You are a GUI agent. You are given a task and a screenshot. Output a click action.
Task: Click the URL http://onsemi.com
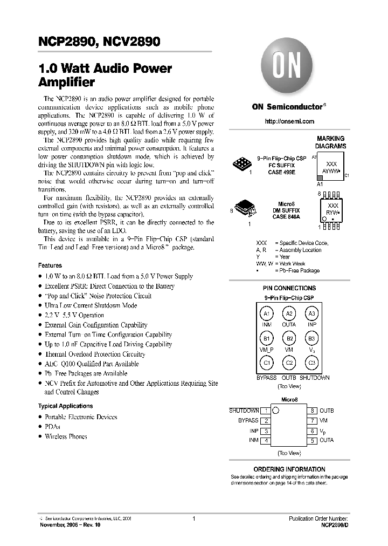(x=289, y=121)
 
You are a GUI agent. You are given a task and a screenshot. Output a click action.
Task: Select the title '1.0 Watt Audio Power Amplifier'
(x=105, y=76)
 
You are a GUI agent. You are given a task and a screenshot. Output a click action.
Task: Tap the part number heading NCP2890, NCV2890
(x=99, y=42)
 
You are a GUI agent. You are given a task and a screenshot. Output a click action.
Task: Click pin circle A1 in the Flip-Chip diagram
(x=266, y=314)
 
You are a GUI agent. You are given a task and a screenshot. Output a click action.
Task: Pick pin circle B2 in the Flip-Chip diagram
(x=289, y=338)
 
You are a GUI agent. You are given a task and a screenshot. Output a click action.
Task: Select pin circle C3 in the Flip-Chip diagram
(x=311, y=363)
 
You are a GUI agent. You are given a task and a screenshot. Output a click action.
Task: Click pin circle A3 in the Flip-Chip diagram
(x=311, y=314)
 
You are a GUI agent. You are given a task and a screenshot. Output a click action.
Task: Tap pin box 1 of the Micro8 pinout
(x=266, y=411)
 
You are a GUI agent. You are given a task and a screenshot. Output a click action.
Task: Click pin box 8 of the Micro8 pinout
(x=313, y=411)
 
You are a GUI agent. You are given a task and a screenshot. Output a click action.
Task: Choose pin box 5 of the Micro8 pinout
(x=313, y=441)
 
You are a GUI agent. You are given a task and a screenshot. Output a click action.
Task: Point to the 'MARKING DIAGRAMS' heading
(x=330, y=142)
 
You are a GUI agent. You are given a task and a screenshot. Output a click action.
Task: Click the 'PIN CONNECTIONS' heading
(x=289, y=288)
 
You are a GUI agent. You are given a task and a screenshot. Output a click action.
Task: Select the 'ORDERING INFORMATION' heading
(x=289, y=469)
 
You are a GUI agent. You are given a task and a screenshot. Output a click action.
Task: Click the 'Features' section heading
(x=50, y=265)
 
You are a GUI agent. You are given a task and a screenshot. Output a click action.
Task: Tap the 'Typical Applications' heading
(x=65, y=406)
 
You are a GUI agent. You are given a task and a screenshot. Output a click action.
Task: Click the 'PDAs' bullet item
(x=52, y=426)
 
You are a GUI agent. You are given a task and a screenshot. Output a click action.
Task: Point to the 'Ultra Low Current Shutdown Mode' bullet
(x=91, y=305)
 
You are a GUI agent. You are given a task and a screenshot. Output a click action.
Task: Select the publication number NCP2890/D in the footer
(x=334, y=524)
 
